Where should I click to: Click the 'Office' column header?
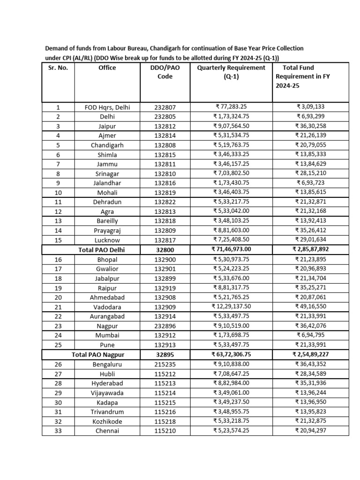click(107, 67)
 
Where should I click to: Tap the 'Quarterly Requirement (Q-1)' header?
click(231, 72)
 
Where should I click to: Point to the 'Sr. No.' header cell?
click(58, 67)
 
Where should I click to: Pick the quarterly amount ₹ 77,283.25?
click(231, 107)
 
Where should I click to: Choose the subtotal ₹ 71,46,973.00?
click(231, 249)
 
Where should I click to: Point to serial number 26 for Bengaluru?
click(58, 364)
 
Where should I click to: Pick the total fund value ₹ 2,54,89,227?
click(312, 355)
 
